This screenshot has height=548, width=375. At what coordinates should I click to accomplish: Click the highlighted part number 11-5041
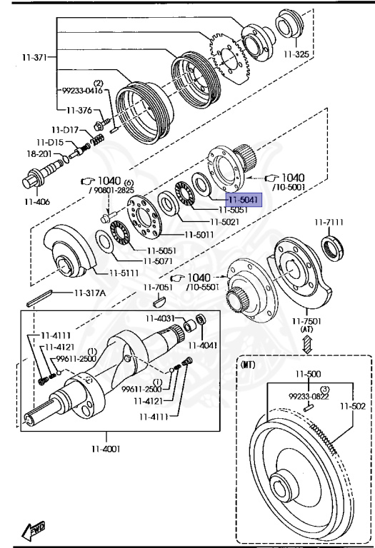244,200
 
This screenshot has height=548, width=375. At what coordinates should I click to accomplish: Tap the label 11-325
296,54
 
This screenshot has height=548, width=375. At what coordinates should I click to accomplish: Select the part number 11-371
34,57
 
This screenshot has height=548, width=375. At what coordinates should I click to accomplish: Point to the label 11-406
37,202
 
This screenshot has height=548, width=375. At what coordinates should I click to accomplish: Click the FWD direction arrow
34,531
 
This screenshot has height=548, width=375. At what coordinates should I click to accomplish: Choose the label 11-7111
329,223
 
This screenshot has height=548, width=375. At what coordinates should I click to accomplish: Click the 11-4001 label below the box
106,448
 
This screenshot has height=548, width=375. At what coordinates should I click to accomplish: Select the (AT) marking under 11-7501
307,329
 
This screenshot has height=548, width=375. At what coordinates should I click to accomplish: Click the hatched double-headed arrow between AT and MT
307,344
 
